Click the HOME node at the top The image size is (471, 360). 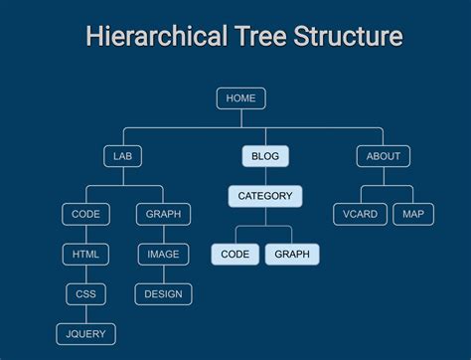(x=240, y=98)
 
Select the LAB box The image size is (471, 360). (x=122, y=156)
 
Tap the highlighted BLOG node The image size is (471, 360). (x=265, y=156)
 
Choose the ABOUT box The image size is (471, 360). (x=383, y=156)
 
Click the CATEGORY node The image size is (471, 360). (x=265, y=196)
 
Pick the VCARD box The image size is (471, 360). (x=360, y=214)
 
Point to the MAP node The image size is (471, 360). (x=413, y=214)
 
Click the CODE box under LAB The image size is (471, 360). (x=85, y=214)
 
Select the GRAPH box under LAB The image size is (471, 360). (x=163, y=214)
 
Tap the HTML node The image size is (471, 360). (x=85, y=254)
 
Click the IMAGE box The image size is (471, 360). (x=163, y=254)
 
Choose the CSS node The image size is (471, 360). (x=85, y=293)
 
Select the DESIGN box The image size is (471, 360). (x=163, y=293)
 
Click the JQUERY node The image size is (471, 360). (x=85, y=333)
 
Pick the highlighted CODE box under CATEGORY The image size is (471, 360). (x=235, y=254)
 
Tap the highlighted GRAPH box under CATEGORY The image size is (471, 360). (x=292, y=254)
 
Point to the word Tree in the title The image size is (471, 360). (x=260, y=37)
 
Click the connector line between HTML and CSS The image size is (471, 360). (x=85, y=273)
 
